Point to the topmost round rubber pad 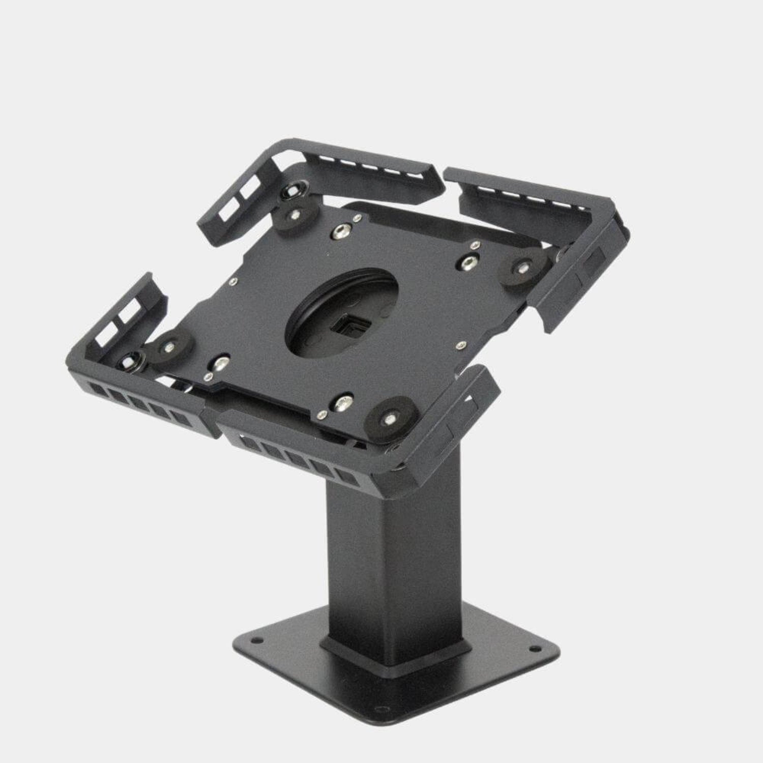[x=295, y=217]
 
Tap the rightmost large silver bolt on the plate [x=466, y=261]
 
